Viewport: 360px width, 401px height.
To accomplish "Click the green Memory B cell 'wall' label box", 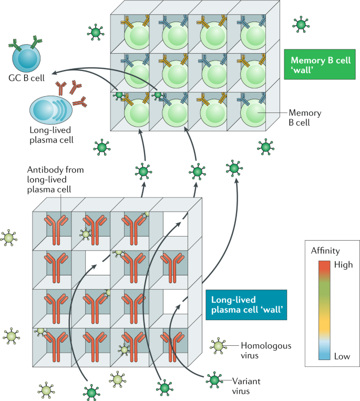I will click(317, 64).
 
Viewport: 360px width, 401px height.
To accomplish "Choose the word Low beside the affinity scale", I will click(343, 356).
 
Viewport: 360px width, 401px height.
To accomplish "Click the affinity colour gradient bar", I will click(325, 311).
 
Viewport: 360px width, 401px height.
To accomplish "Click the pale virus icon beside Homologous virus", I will click(217, 345).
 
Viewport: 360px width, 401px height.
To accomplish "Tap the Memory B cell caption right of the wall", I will click(305, 117).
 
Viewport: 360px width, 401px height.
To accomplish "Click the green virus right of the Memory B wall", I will click(301, 24).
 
